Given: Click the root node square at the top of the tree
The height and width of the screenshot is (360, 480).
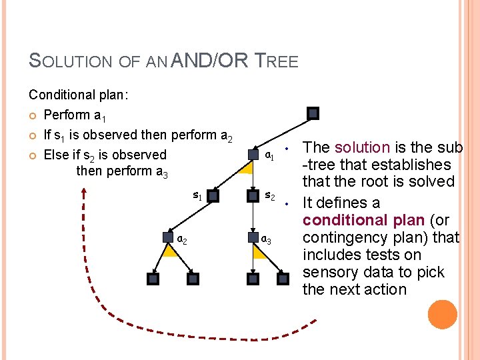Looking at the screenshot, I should [x=313, y=113].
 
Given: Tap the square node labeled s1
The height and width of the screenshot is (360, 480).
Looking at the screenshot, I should [x=213, y=196].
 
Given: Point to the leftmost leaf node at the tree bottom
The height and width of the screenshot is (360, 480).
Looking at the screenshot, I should [x=153, y=279].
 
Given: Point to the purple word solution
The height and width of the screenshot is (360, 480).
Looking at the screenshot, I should [x=362, y=147].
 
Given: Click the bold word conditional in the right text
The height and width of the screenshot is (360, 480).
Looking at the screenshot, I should [x=343, y=220].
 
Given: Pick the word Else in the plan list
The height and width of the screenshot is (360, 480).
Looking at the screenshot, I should [x=55, y=155].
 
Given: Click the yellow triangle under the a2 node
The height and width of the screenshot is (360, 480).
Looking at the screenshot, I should [x=170, y=251].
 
